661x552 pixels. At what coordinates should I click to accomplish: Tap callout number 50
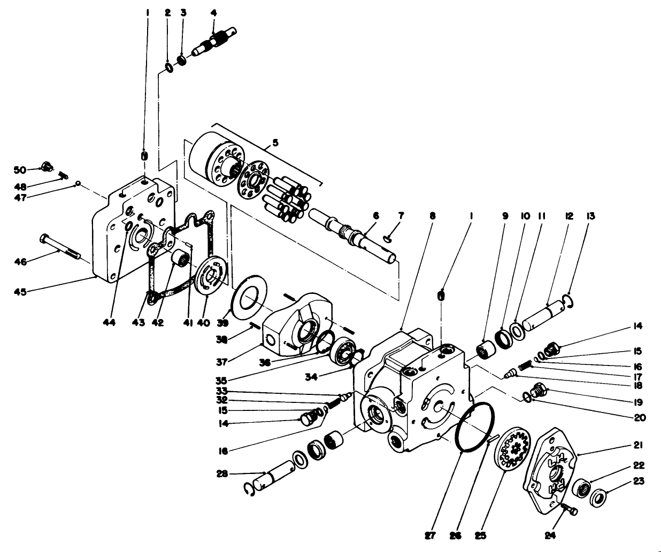pyautogui.click(x=20, y=170)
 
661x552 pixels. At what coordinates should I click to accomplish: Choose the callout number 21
pyautogui.click(x=639, y=445)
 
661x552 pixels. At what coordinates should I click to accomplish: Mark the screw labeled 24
pyautogui.click(x=569, y=510)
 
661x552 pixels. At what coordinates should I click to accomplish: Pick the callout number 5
pyautogui.click(x=275, y=143)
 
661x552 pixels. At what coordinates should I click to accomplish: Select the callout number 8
pyautogui.click(x=432, y=216)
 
